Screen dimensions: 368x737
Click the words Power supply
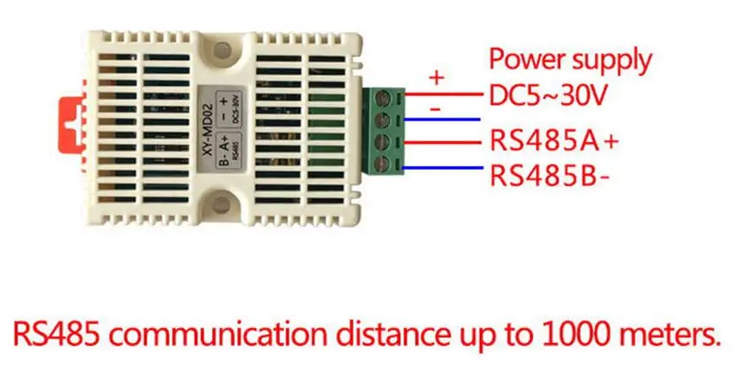570,60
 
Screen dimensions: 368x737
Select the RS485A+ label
556,139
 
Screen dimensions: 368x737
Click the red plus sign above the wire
436,77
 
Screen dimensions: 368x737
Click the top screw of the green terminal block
382,95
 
